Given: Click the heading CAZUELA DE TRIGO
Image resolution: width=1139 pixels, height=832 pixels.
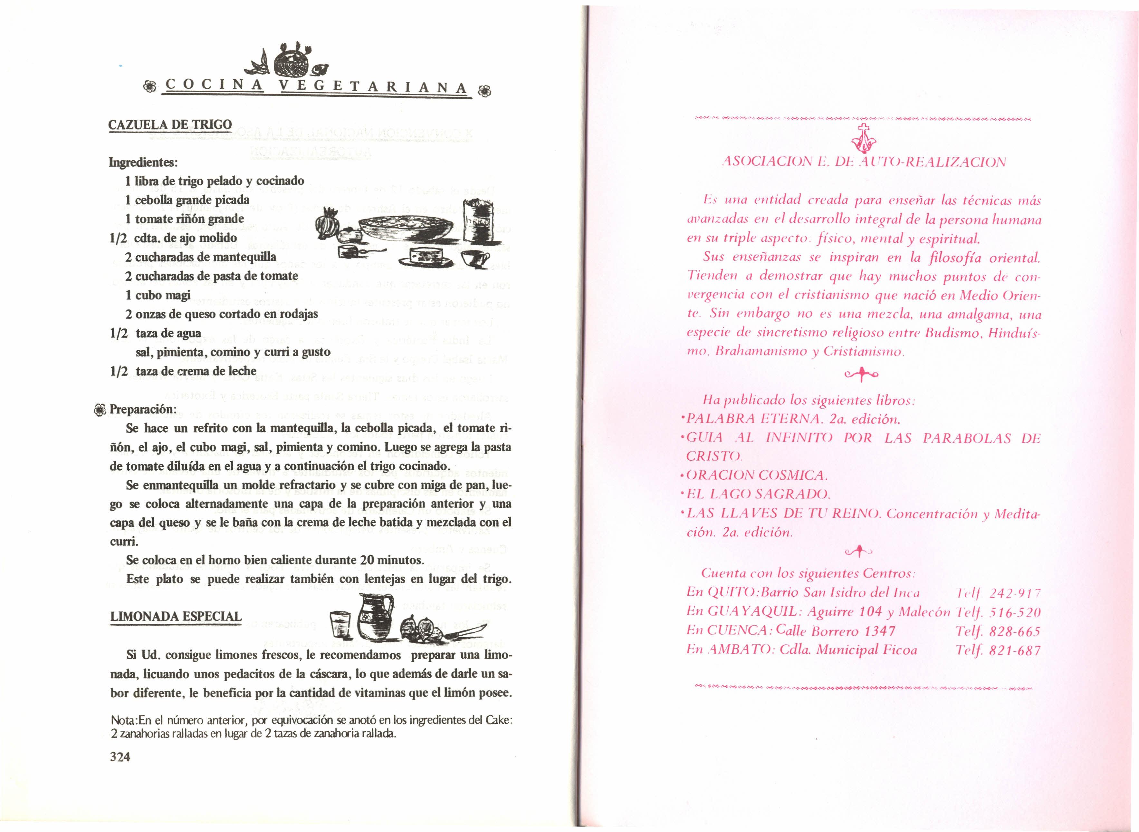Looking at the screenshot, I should click(x=170, y=124).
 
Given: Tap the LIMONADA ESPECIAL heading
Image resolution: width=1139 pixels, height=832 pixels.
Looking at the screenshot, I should click(x=176, y=616).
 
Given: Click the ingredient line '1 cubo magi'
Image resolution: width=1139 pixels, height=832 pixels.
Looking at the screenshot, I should click(x=158, y=295).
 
